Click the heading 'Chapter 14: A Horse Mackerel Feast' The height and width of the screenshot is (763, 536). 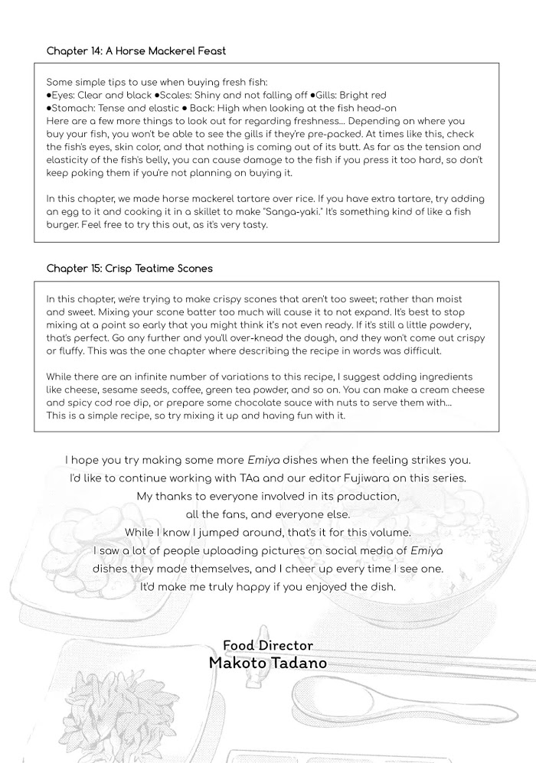pos(136,51)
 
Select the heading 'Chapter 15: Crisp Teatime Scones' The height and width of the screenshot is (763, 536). pos(129,269)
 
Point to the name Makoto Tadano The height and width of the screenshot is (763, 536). pos(267,663)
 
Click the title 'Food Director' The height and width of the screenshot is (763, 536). pos(267,646)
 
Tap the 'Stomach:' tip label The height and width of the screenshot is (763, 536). pos(74,109)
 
